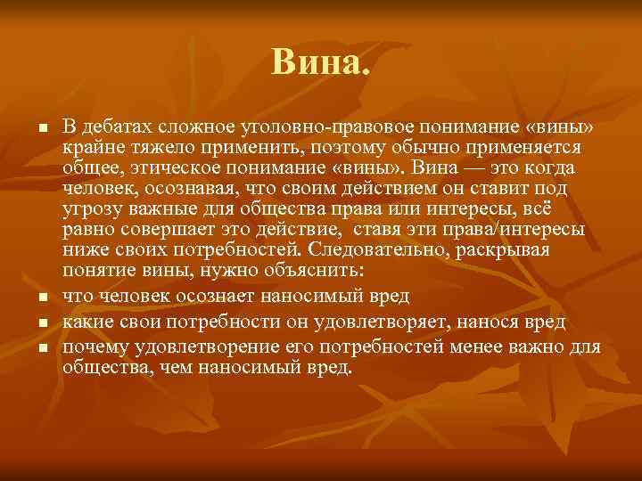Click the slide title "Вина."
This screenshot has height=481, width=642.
pos(320,62)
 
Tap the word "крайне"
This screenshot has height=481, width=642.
pos(90,146)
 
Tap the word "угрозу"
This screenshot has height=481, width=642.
pos(90,209)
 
